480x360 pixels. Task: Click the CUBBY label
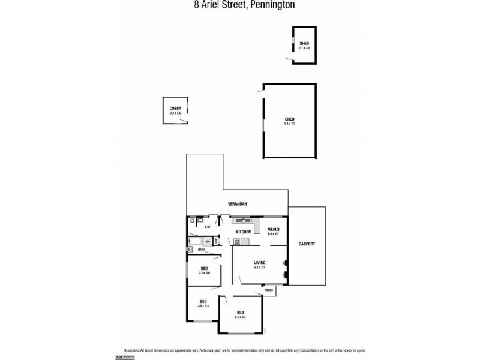point(175,108)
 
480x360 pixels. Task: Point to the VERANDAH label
point(238,205)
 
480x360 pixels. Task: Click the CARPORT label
point(307,244)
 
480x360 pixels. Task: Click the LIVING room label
point(260,262)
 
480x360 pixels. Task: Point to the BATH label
point(193,249)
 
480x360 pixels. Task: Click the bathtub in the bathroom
point(196,242)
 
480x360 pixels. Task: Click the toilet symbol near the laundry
point(190,221)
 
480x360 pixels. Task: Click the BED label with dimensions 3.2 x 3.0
point(203,269)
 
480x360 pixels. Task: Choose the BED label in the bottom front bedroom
point(240,313)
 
